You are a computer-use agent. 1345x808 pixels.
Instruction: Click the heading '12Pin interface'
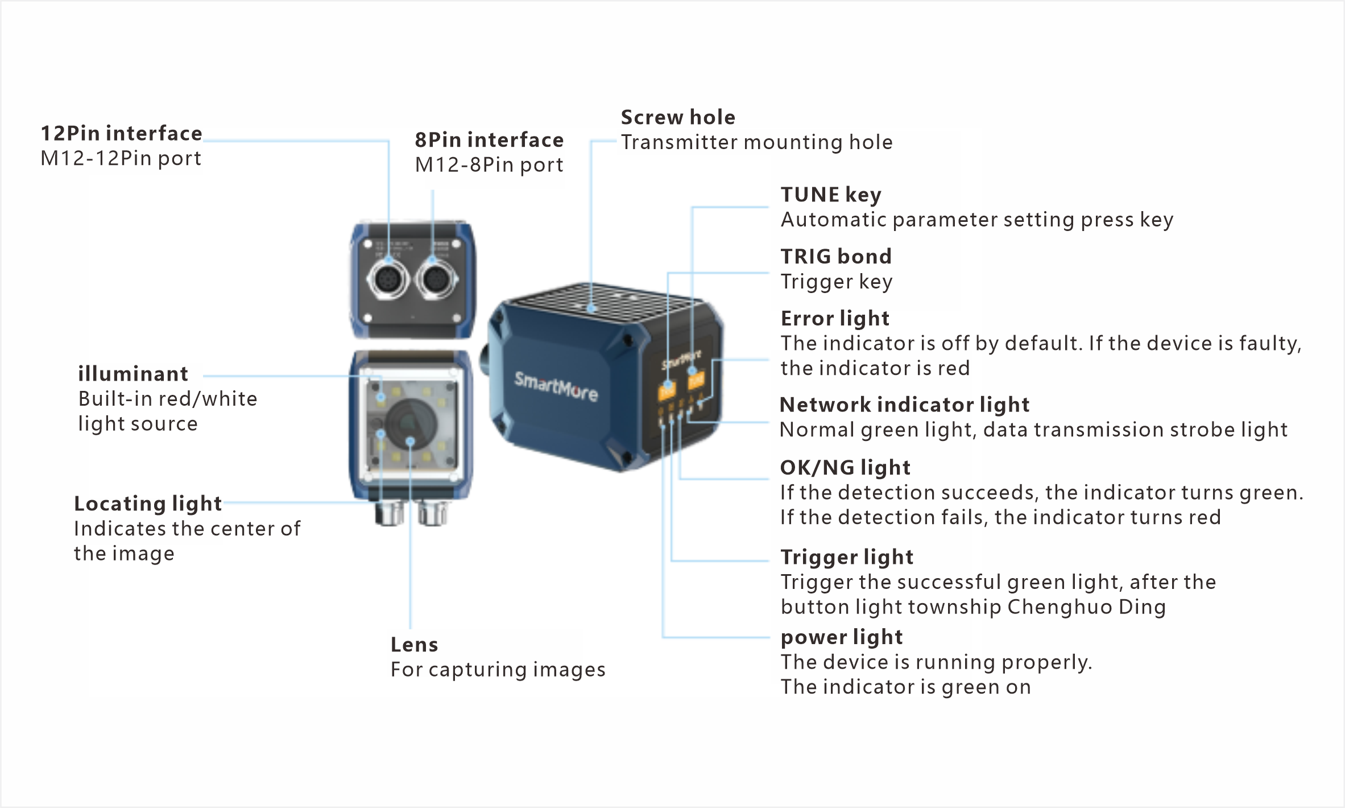[121, 133]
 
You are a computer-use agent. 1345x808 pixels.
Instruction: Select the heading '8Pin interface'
[489, 139]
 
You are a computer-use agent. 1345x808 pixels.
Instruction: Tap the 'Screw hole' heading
[678, 117]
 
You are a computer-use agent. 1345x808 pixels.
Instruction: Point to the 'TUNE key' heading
[831, 195]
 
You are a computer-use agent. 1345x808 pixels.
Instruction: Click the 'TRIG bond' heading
[836, 257]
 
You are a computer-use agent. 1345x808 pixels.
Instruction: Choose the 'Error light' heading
[835, 319]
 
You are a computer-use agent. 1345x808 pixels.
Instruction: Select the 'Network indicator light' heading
[904, 405]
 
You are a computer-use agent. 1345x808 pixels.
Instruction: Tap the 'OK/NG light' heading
[845, 468]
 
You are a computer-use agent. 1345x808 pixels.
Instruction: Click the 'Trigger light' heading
[847, 557]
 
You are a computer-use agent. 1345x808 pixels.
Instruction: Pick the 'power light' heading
[842, 637]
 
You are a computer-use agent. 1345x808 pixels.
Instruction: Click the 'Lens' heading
[414, 645]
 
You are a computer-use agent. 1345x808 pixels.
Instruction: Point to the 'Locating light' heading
[148, 504]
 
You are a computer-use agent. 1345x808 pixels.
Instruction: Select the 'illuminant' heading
[133, 374]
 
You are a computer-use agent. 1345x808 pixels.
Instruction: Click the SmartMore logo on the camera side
[556, 386]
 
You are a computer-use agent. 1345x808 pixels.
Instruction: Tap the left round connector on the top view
[388, 279]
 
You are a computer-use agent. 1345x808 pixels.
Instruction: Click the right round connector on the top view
[436, 279]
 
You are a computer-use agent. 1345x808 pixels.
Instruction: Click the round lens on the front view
[411, 424]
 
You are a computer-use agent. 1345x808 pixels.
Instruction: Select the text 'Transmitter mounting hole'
[757, 142]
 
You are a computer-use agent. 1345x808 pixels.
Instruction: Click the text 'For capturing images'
[498, 670]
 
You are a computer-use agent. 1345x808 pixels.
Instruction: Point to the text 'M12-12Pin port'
[121, 158]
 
